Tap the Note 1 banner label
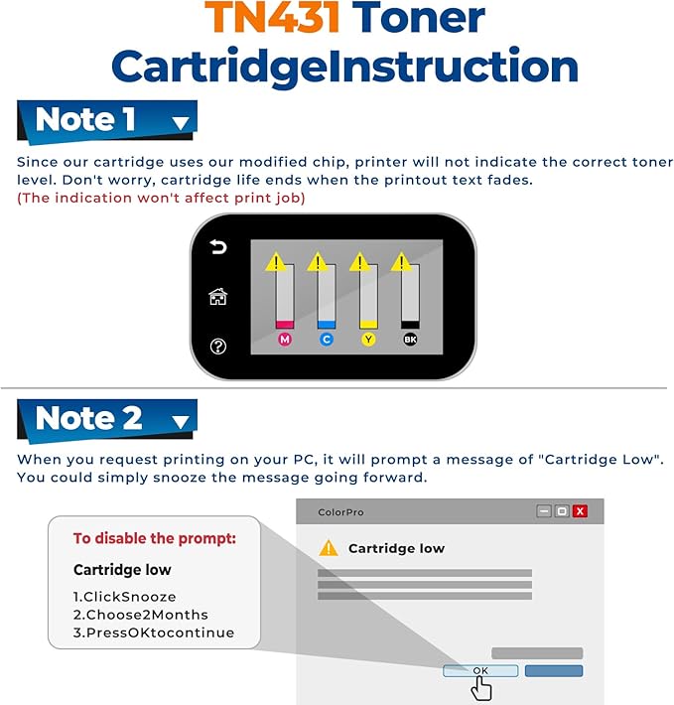pyautogui.click(x=86, y=120)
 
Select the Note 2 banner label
pyautogui.click(x=89, y=418)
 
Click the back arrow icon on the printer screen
pyautogui.click(x=218, y=247)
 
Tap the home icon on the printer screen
pyautogui.click(x=218, y=296)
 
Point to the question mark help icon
pyautogui.click(x=218, y=346)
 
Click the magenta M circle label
pyautogui.click(x=284, y=340)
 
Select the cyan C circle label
pyautogui.click(x=327, y=340)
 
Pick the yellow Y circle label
pyautogui.click(x=368, y=340)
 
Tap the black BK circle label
pyautogui.click(x=410, y=340)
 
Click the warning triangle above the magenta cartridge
pyautogui.click(x=276, y=262)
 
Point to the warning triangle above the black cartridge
pyautogui.click(x=401, y=262)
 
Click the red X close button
pyautogui.click(x=580, y=511)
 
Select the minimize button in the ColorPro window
pyautogui.click(x=544, y=511)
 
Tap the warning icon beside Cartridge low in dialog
pyautogui.click(x=329, y=548)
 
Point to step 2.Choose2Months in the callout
pyautogui.click(x=141, y=615)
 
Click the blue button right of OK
pyautogui.click(x=554, y=671)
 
